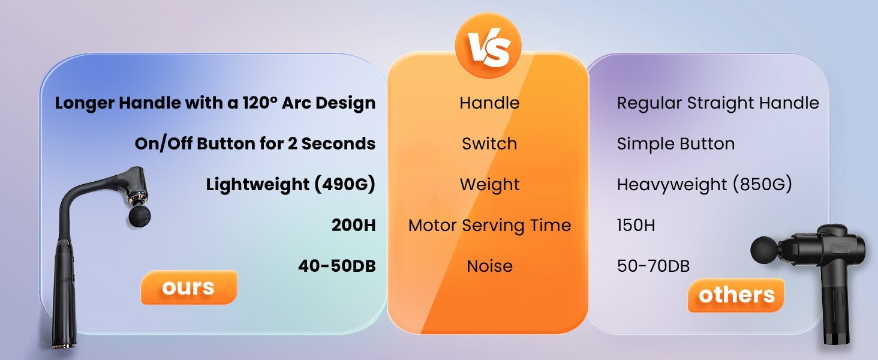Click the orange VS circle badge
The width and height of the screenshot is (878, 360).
pyautogui.click(x=488, y=46)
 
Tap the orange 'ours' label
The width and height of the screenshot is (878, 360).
pyautogui.click(x=189, y=287)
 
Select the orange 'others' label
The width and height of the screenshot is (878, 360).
pyautogui.click(x=736, y=295)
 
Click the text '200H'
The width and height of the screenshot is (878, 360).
pyautogui.click(x=354, y=225)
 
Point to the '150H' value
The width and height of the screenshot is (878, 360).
pyautogui.click(x=636, y=225)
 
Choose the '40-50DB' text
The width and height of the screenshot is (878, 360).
pyautogui.click(x=336, y=266)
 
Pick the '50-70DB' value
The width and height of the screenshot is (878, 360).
pyautogui.click(x=654, y=266)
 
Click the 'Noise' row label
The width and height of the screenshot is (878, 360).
pyautogui.click(x=489, y=266)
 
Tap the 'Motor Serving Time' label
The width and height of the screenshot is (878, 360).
pyautogui.click(x=489, y=226)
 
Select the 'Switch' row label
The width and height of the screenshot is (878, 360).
pyautogui.click(x=489, y=143)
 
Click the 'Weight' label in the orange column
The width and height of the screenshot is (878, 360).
pyautogui.click(x=489, y=185)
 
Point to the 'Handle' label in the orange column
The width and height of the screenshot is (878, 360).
pyautogui.click(x=489, y=103)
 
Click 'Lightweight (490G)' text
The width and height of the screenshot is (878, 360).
pyautogui.click(x=291, y=185)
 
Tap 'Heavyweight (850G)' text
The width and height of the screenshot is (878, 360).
pyautogui.click(x=705, y=185)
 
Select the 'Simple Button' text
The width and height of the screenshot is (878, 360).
pyautogui.click(x=676, y=143)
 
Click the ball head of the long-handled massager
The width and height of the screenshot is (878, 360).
pyautogui.click(x=140, y=215)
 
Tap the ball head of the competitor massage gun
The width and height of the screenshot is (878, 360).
pyautogui.click(x=764, y=250)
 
